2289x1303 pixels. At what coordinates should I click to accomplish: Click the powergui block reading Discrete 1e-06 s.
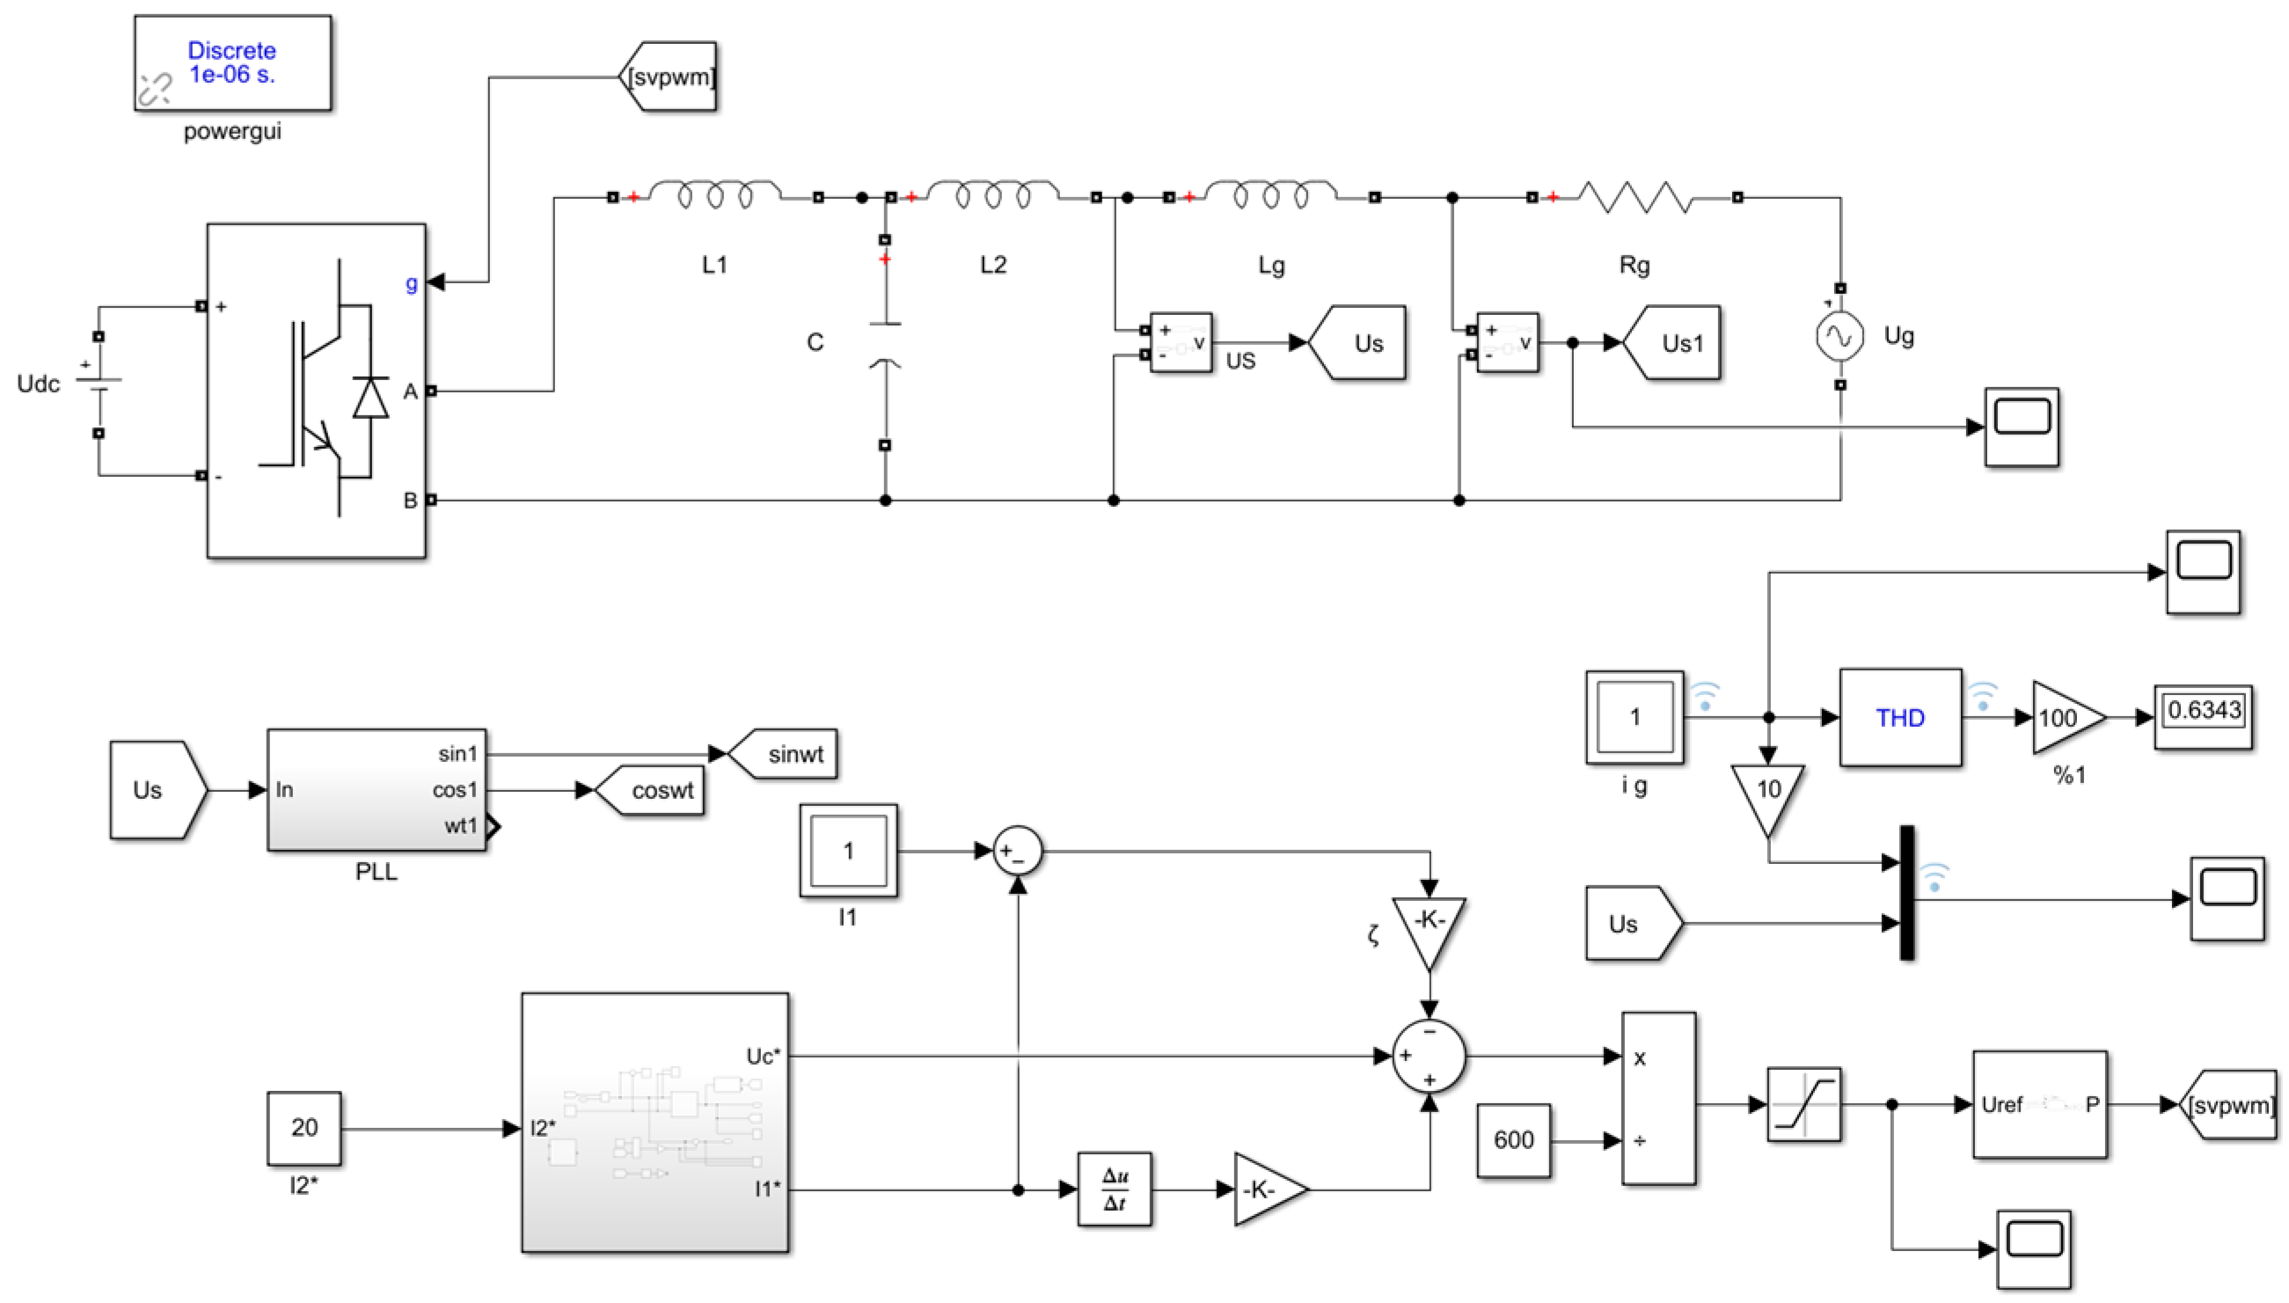click(x=231, y=62)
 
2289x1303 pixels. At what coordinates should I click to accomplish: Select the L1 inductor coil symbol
click(x=714, y=194)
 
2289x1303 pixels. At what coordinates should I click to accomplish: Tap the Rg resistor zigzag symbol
click(x=1634, y=197)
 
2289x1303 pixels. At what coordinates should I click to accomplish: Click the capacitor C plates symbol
click(x=885, y=344)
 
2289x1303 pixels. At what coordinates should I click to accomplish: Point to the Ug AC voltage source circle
click(x=1839, y=336)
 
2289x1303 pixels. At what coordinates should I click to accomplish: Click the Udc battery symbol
click(x=99, y=384)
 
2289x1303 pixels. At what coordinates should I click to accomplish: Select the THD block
click(x=1900, y=718)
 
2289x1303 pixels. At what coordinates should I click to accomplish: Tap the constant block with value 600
click(x=1513, y=1140)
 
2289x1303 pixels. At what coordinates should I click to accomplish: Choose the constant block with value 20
click(x=303, y=1128)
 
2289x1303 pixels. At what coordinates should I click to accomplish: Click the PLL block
click(x=376, y=789)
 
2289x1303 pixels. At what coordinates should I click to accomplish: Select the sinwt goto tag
click(x=785, y=753)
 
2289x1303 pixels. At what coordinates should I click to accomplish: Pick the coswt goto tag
click(x=653, y=790)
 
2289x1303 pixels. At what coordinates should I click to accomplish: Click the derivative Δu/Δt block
click(x=1114, y=1190)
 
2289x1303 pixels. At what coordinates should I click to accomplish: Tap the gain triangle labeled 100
click(x=2063, y=718)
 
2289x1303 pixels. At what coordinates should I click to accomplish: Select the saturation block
click(x=1803, y=1104)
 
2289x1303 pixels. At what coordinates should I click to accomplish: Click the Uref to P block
click(x=2039, y=1104)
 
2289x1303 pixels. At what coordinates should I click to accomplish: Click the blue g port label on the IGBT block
click(x=411, y=282)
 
